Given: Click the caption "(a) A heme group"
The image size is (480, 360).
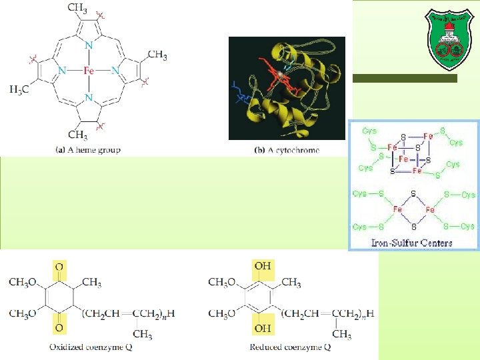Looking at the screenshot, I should coord(88,150).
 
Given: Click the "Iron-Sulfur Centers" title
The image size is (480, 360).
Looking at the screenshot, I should coord(411,243).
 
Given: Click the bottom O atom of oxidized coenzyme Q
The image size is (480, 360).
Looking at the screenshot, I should coord(59,328).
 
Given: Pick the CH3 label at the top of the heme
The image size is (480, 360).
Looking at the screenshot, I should coord(77,9).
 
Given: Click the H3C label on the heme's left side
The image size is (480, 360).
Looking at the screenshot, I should coord(19,89).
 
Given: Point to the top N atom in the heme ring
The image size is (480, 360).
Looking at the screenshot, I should coord(89,45).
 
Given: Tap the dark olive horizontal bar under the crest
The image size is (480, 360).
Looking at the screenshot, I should coord(405,79).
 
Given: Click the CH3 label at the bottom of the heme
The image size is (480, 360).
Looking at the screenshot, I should coord(78,135).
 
